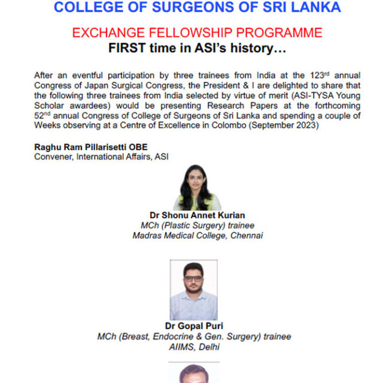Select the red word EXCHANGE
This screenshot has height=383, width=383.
(113, 33)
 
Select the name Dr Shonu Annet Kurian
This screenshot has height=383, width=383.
(197, 215)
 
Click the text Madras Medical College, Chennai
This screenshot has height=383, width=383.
(197, 235)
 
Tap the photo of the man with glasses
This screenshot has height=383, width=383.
(193, 290)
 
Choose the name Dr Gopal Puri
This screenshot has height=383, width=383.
(194, 327)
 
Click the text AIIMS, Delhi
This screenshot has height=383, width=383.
(194, 347)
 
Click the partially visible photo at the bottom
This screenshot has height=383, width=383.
(193, 373)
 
